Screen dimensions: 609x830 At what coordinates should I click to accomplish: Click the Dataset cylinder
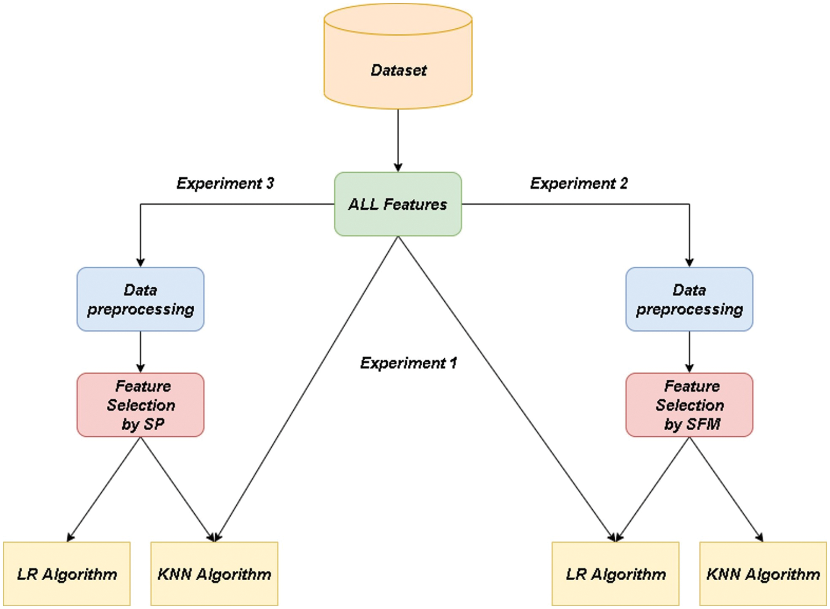(x=398, y=61)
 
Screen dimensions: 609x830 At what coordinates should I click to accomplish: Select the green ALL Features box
(x=398, y=204)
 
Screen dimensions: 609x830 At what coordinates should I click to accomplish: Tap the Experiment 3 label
(x=225, y=183)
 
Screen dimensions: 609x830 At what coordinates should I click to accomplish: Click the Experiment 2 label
(x=579, y=183)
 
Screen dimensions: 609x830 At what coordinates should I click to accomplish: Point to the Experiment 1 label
(x=408, y=363)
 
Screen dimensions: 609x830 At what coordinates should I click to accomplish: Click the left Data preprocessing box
(x=141, y=300)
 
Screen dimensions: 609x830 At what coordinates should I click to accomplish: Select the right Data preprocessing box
(x=689, y=300)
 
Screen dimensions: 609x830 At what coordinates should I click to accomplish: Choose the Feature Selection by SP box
(x=141, y=405)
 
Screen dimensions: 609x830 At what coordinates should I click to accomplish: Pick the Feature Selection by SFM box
(x=689, y=405)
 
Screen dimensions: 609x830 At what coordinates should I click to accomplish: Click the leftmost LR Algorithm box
(x=67, y=574)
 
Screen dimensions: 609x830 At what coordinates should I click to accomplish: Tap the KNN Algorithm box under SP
(x=215, y=574)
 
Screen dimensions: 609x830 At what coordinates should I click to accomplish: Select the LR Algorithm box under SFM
(x=616, y=574)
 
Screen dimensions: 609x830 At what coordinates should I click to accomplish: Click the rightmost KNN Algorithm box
(x=764, y=574)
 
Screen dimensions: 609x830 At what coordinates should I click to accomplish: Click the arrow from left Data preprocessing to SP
(x=141, y=351)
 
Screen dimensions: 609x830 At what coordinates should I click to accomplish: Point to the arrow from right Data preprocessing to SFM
(x=689, y=351)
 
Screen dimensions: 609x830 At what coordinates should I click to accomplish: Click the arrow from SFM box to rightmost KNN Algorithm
(x=726, y=488)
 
